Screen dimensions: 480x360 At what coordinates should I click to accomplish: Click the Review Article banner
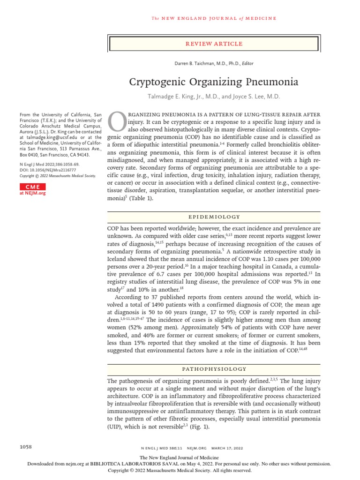[x=214, y=44]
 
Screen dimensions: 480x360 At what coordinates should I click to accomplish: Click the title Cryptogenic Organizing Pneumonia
[x=214, y=82]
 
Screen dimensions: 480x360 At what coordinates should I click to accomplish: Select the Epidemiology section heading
[x=214, y=217]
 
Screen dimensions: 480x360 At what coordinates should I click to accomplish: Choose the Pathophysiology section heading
[x=214, y=369]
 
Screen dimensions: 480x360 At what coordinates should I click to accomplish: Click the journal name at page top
[x=214, y=18]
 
